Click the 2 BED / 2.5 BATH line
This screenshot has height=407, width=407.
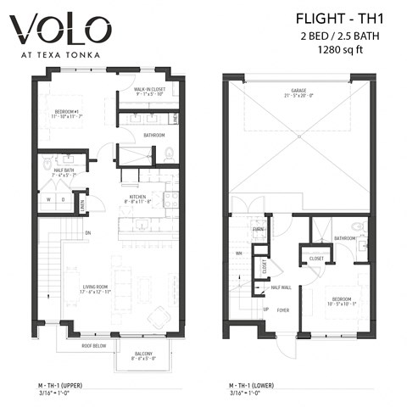tap(337, 35)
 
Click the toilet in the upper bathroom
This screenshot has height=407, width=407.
tap(169, 153)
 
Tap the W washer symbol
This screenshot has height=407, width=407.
tap(49, 200)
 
